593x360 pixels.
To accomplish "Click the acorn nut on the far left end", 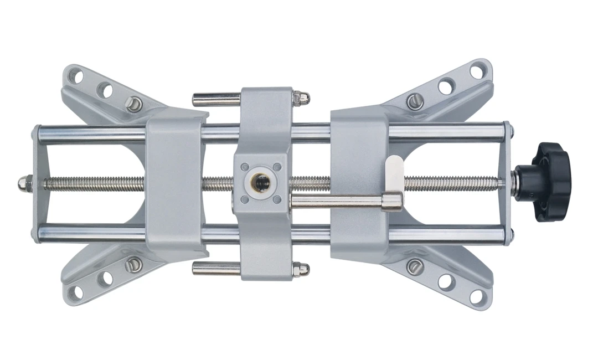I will click(24, 183).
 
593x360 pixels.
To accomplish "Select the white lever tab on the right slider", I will click(394, 172).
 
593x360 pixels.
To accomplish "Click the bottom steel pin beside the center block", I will click(216, 269).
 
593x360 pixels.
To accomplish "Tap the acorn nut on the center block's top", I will click(301, 98).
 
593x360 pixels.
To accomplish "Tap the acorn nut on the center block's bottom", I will click(301, 269).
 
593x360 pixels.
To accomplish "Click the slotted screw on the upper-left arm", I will click(133, 104).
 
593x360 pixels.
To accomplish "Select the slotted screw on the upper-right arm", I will click(415, 101).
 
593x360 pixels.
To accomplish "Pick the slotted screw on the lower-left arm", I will click(133, 264).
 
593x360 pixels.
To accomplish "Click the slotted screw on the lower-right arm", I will click(415, 266).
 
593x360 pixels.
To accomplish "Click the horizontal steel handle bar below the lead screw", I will click(338, 202).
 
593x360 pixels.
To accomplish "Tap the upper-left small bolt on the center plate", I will click(244, 166).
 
